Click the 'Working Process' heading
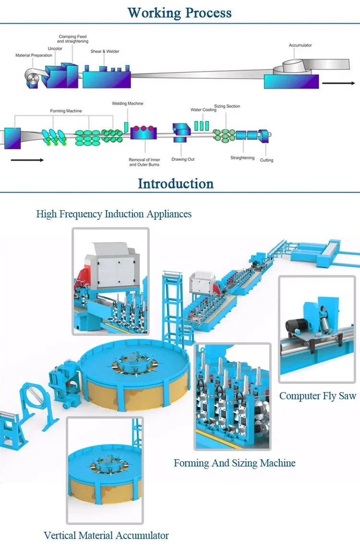[x=180, y=13]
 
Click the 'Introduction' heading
[x=175, y=183]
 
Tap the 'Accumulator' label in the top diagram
[x=300, y=45]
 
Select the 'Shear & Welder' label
[x=105, y=51]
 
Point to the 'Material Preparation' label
[x=34, y=55]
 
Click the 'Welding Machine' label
[x=127, y=104]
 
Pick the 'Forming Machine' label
[x=66, y=111]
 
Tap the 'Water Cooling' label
[x=203, y=110]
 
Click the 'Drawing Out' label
[x=183, y=159]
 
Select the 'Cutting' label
[x=266, y=160]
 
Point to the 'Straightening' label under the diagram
[x=242, y=158]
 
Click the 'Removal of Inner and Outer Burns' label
[x=144, y=162]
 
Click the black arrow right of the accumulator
[x=338, y=83]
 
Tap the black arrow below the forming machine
[x=27, y=160]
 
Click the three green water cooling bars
[x=202, y=126]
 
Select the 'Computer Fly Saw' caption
[x=318, y=396]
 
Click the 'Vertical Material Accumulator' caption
[x=106, y=535]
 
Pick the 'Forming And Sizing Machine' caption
[x=234, y=463]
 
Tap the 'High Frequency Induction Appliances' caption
[x=114, y=214]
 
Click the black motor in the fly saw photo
[x=295, y=326]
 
